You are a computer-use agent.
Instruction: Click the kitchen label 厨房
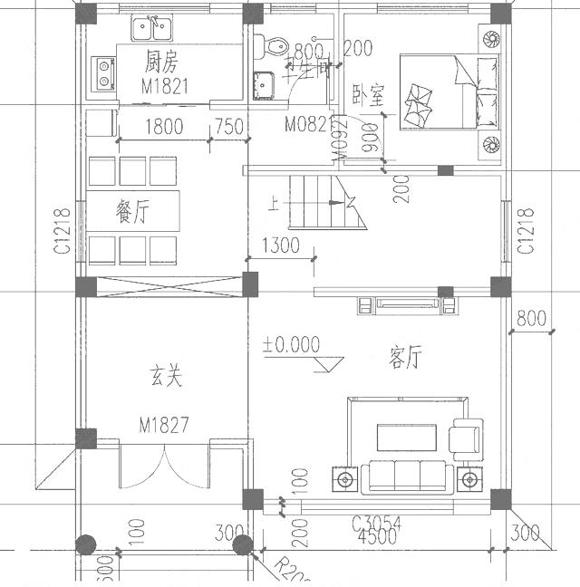(x=163, y=62)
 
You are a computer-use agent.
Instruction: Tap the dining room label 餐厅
(x=133, y=210)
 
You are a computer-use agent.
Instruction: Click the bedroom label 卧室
(x=370, y=92)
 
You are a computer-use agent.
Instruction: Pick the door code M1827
(x=164, y=425)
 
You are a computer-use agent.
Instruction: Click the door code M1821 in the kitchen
(x=163, y=86)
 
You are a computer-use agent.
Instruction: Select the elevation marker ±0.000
(x=291, y=344)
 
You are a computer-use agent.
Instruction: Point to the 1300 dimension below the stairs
(x=280, y=244)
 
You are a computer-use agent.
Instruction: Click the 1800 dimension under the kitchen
(x=163, y=127)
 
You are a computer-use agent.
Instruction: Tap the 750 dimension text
(x=228, y=127)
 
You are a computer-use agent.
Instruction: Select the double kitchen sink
(x=153, y=29)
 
